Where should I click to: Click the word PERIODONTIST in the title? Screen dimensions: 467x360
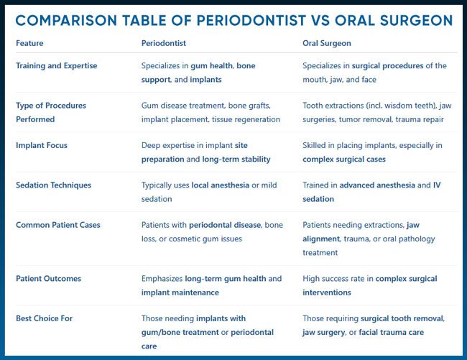(x=251, y=21)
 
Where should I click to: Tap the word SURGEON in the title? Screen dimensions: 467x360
(x=417, y=21)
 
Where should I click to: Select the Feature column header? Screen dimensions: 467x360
(x=29, y=43)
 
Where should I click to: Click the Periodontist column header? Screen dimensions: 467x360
(x=164, y=43)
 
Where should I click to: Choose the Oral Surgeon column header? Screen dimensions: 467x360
(x=327, y=44)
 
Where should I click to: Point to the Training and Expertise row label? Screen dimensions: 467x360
(x=57, y=66)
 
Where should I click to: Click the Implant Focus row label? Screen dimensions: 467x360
(x=42, y=145)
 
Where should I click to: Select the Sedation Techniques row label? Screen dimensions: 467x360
(x=54, y=185)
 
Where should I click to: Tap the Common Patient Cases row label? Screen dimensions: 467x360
(x=58, y=225)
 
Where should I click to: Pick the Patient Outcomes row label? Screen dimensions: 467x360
(x=49, y=278)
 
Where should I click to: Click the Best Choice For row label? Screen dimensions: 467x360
(x=44, y=318)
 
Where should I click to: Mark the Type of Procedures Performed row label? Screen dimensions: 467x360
(x=51, y=112)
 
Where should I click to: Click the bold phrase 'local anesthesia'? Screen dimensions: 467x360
(x=221, y=185)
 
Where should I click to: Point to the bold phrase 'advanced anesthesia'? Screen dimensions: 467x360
(x=377, y=185)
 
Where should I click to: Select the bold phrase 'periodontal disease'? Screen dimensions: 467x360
(x=225, y=225)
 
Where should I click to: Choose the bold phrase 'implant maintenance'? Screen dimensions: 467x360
(x=180, y=292)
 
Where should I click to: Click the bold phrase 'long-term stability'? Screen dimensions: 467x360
(x=236, y=160)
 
